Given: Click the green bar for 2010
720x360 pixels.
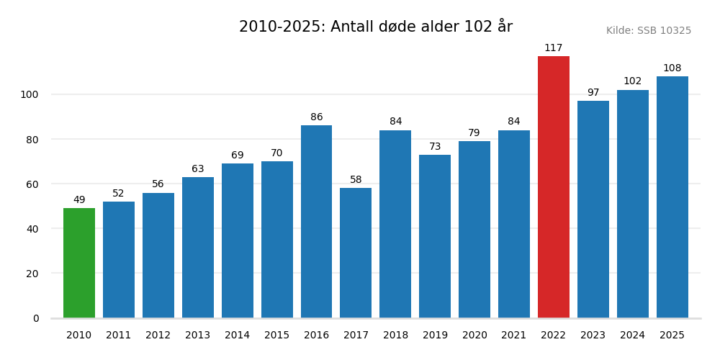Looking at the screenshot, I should [x=79, y=263].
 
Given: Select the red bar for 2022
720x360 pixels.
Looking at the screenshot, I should [x=553, y=187].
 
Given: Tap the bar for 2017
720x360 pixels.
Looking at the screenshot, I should [x=356, y=253].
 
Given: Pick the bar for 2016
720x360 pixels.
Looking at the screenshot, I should [x=316, y=222].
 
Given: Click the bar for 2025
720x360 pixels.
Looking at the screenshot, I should [x=672, y=197].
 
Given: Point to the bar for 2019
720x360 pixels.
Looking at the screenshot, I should [x=435, y=236].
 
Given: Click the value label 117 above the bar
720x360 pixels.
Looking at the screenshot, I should [x=553, y=48].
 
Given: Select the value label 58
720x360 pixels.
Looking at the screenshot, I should [x=356, y=180].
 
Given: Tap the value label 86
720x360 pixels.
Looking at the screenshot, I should [x=316, y=117].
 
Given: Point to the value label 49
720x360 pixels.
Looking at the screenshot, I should [x=79, y=200].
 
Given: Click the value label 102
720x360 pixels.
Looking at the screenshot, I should [x=632, y=81].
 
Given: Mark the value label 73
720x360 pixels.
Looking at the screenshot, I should [x=435, y=147].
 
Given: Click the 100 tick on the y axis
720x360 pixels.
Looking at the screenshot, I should [x=29, y=94].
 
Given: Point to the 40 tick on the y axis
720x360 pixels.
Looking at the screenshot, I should [x=32, y=229].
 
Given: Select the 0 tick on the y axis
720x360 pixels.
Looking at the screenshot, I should [x=36, y=318].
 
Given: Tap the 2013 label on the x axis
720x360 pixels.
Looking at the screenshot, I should [x=197, y=336].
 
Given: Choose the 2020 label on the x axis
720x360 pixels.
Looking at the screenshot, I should [x=474, y=336].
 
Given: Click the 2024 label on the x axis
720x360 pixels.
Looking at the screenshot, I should [x=632, y=336].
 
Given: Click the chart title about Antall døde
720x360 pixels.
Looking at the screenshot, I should [x=375, y=27].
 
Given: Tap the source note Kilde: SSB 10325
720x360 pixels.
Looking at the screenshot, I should [x=648, y=31].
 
